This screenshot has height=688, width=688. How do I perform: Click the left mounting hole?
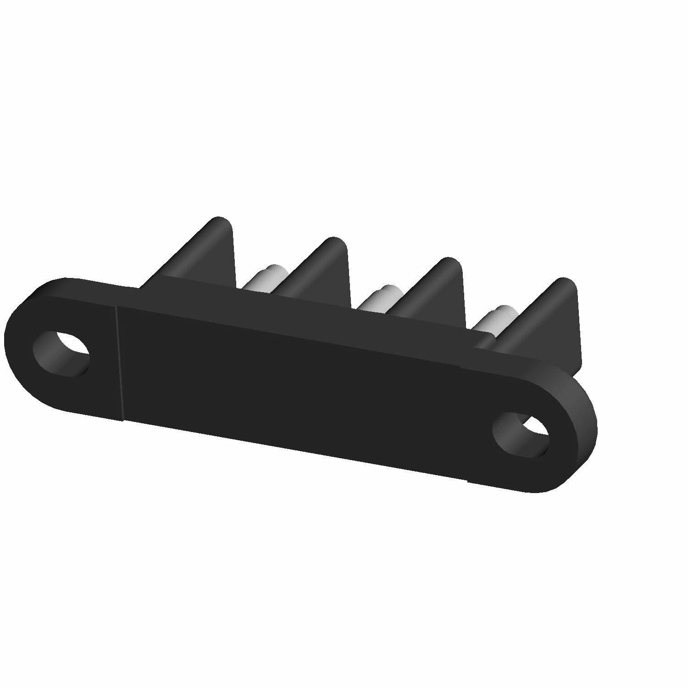[x=61, y=353]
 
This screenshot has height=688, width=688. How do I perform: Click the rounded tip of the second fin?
[x=334, y=243]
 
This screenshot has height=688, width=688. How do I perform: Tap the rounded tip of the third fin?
[x=449, y=264]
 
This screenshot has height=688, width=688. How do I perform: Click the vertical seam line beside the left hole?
[x=120, y=362]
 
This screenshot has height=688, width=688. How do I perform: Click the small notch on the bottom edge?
[x=467, y=481]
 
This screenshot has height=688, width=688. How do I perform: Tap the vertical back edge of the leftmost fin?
[x=233, y=257]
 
